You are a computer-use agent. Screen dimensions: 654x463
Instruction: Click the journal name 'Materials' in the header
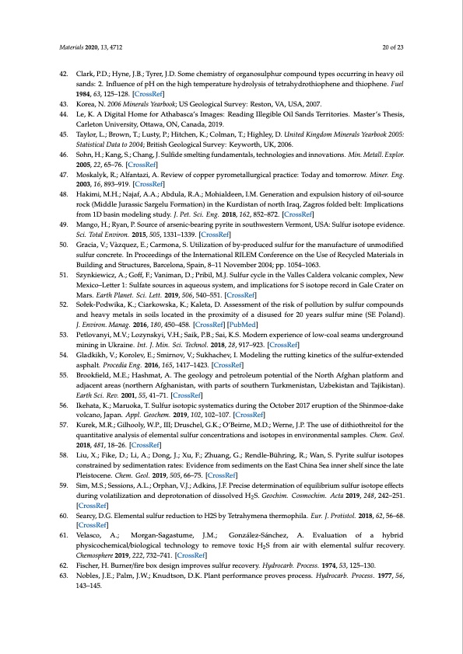tap(72, 47)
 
